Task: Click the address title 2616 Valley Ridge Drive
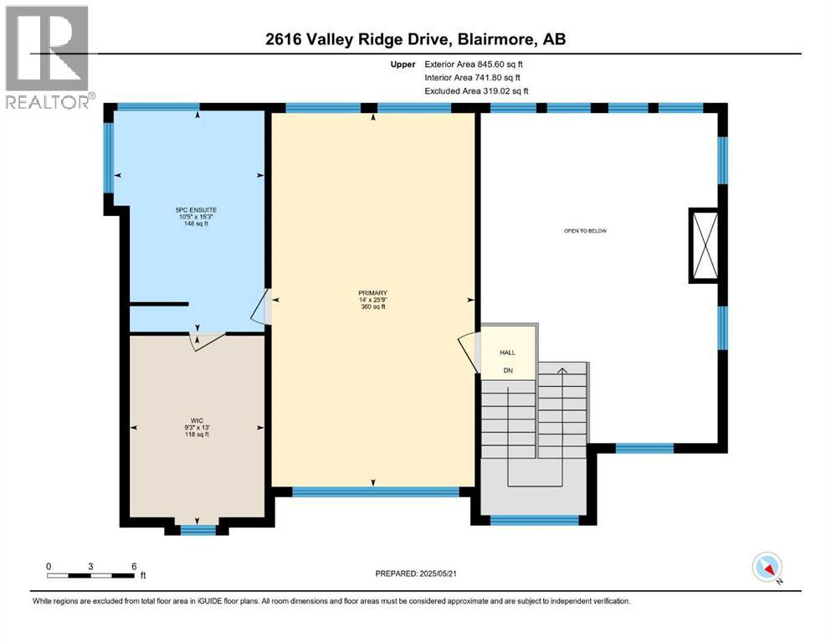tap(415, 39)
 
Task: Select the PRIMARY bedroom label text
tap(372, 292)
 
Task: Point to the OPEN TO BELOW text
tap(583, 229)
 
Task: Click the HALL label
tap(507, 352)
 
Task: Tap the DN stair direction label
tap(507, 370)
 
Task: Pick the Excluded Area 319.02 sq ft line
tap(476, 90)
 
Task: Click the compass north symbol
tap(767, 568)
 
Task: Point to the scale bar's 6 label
tap(134, 566)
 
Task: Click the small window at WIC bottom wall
tap(197, 527)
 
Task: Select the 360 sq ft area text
tap(372, 307)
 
